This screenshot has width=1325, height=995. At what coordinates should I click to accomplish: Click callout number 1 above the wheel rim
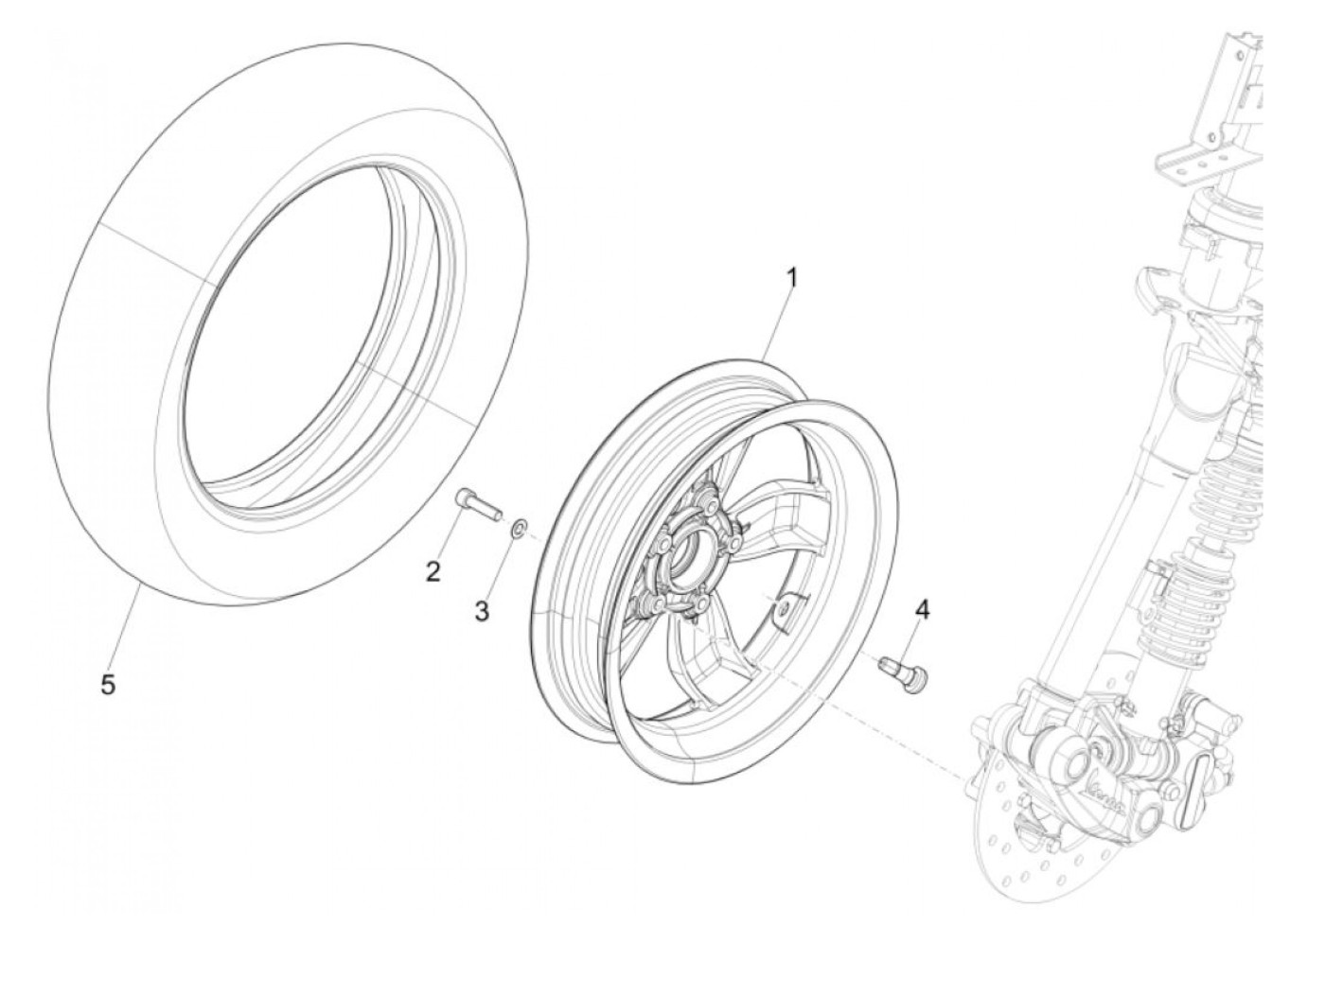coord(792,278)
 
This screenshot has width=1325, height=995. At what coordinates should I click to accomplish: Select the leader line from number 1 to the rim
coord(776,322)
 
